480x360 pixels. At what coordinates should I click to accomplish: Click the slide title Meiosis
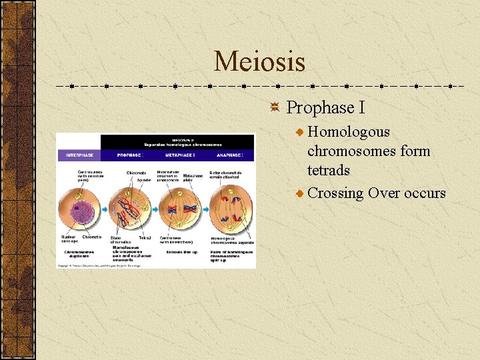pos(259,62)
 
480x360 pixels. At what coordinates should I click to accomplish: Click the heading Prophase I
pos(325,108)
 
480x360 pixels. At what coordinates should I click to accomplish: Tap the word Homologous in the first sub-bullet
pos(349,132)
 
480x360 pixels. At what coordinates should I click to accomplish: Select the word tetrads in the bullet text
pos(329,171)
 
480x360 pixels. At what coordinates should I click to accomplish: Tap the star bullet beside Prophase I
pos(275,108)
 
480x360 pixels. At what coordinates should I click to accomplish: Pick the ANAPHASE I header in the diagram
pos(231,155)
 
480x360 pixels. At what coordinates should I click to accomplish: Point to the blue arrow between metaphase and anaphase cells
pos(205,208)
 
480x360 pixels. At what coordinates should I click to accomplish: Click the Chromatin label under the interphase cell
pos(91,237)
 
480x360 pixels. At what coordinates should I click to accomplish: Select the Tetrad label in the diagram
pos(145,237)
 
